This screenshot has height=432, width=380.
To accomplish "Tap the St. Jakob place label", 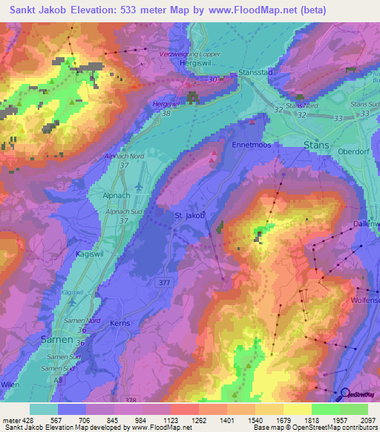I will (189, 216).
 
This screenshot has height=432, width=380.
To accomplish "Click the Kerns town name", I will (119, 324).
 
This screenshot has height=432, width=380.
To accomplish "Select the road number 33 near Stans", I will (338, 118).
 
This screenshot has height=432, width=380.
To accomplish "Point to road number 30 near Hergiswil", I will (214, 80).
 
